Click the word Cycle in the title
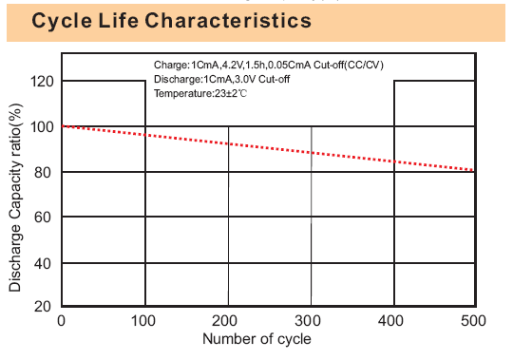pyautogui.click(x=62, y=21)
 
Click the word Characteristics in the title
pyautogui.click(x=228, y=21)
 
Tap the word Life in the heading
pyautogui.click(x=119, y=21)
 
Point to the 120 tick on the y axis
pyautogui.click(x=42, y=81)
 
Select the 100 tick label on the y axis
pyautogui.click(x=42, y=127)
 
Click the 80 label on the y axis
pyautogui.click(x=43, y=172)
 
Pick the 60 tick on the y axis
pyautogui.click(x=43, y=218)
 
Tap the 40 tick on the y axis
pyautogui.click(x=43, y=263)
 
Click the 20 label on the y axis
pyautogui.click(x=43, y=307)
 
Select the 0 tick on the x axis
pyautogui.click(x=61, y=321)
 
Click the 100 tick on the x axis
pyautogui.click(x=143, y=321)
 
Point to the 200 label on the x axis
pyautogui.click(x=224, y=321)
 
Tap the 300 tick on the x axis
pyautogui.click(x=308, y=321)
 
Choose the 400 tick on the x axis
pyautogui.click(x=390, y=321)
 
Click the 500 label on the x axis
pyautogui.click(x=473, y=321)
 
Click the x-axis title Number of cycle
pyautogui.click(x=256, y=339)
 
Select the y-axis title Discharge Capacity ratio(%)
pyautogui.click(x=15, y=198)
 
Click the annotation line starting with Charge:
pyautogui.click(x=269, y=66)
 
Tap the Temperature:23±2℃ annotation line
pyautogui.click(x=200, y=93)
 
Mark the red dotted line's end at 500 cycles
pyautogui.click(x=473, y=170)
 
